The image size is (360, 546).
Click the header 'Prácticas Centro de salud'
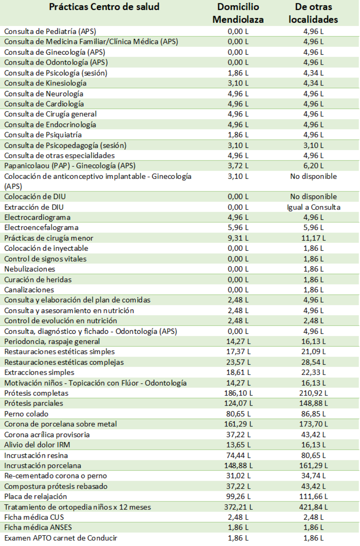pos(104,7)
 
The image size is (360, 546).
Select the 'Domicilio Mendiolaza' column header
pos(238,13)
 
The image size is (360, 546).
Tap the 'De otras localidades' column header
pos(313,13)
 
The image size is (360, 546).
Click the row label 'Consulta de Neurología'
pos(44,94)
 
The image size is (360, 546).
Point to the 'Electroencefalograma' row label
pos(41,228)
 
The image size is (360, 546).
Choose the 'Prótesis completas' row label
pos(36,393)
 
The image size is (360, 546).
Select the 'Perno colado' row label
pos(26,414)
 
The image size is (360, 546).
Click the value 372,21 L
pos(238,507)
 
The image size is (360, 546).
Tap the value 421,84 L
pos(314,507)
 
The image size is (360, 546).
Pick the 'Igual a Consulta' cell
pos(314,207)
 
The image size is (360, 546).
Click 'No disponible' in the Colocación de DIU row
pos(314,197)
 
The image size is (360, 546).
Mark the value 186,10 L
pos(238,393)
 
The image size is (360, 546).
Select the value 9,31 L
pos(238,238)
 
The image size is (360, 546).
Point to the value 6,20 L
pos(314,166)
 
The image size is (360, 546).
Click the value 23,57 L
pos(238,362)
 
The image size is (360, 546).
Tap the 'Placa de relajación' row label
pos(36,497)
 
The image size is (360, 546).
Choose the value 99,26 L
pos(238,497)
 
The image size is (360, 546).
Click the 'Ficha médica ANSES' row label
pos(38,528)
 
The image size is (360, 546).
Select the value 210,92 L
pos(314,393)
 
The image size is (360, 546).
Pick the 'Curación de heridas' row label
pos(38,280)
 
